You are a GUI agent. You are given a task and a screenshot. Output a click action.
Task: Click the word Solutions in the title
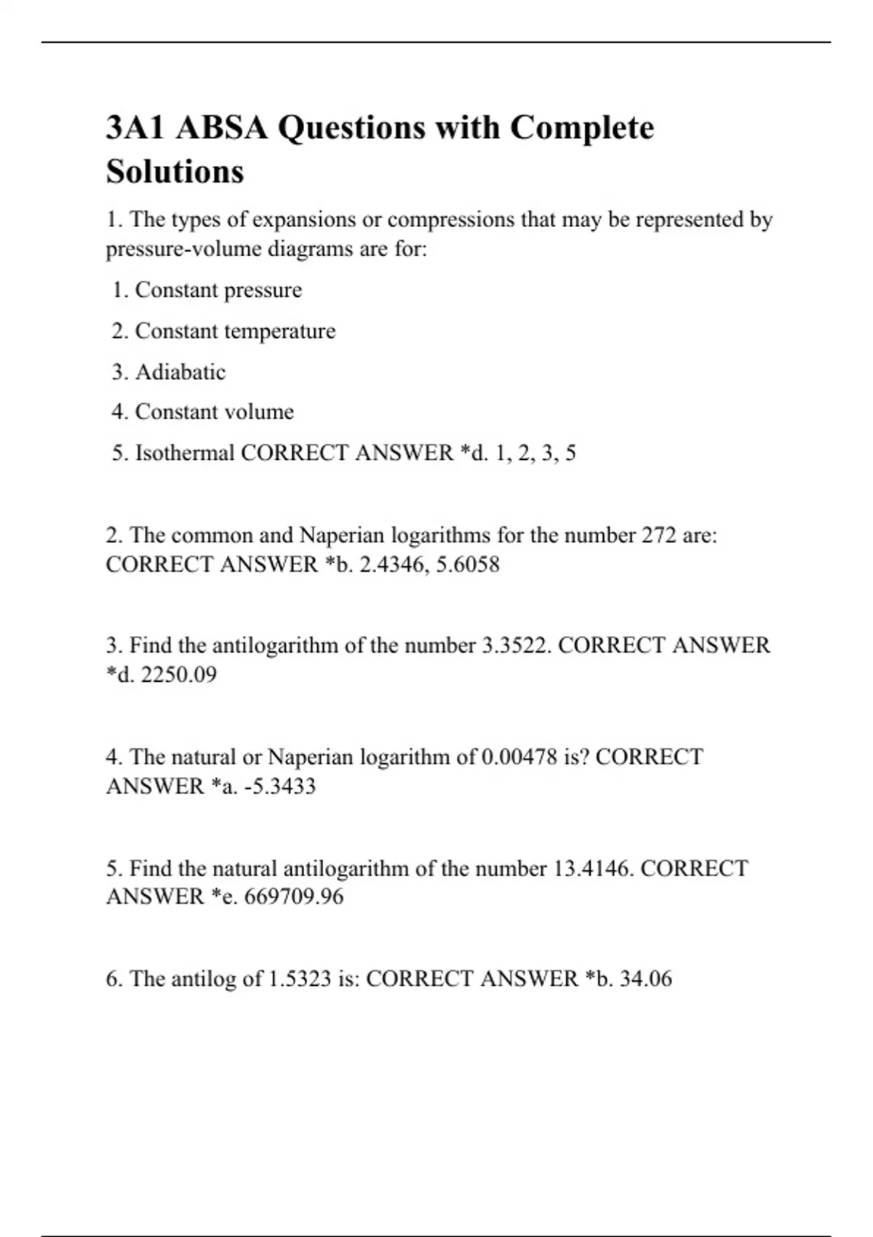(x=175, y=172)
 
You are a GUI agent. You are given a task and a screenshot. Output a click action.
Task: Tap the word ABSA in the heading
(x=221, y=128)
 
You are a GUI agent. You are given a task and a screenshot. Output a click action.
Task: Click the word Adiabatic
(x=180, y=372)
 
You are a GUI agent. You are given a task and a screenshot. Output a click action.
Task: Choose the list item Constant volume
(x=215, y=412)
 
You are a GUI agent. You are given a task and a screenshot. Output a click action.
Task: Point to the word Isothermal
(x=185, y=453)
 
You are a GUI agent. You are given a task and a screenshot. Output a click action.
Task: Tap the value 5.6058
(x=468, y=565)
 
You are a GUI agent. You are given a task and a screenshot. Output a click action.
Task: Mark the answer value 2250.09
(x=178, y=675)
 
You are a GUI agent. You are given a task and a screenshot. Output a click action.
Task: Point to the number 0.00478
(x=519, y=757)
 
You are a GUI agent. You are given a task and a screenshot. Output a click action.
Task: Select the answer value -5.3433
(x=279, y=786)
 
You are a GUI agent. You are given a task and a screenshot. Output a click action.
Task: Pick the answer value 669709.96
(x=294, y=896)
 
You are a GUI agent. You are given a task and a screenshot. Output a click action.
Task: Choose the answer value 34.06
(x=645, y=979)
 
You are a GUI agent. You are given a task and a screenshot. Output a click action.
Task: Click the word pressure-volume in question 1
(x=183, y=250)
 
